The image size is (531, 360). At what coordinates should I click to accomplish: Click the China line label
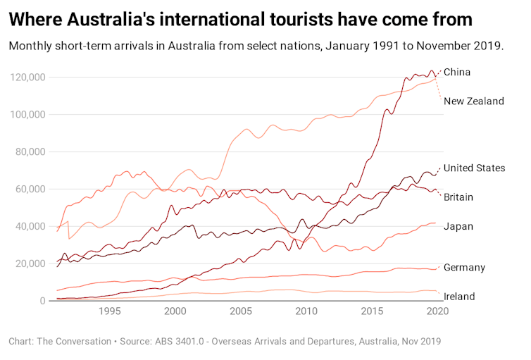pyautogui.click(x=457, y=73)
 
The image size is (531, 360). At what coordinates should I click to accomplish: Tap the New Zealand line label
pyautogui.click(x=474, y=101)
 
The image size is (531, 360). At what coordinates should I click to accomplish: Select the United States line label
pyautogui.click(x=475, y=168)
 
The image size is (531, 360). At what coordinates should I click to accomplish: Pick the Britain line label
pyautogui.click(x=458, y=197)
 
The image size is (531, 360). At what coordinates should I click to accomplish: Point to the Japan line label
pyautogui.click(x=458, y=226)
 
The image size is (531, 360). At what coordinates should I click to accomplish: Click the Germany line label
pyautogui.click(x=465, y=268)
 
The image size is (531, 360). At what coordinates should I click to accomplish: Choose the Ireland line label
pyautogui.click(x=459, y=297)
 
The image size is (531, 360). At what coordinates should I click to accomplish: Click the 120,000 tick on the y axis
pyautogui.click(x=29, y=77)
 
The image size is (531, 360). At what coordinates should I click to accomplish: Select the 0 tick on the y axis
pyautogui.click(x=44, y=301)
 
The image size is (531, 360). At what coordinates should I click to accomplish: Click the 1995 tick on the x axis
pyautogui.click(x=110, y=311)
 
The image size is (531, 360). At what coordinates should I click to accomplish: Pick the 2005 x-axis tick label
pyautogui.click(x=241, y=311)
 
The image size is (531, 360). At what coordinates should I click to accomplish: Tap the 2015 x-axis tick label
pyautogui.click(x=372, y=311)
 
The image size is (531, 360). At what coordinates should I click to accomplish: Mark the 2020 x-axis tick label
pyautogui.click(x=437, y=311)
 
